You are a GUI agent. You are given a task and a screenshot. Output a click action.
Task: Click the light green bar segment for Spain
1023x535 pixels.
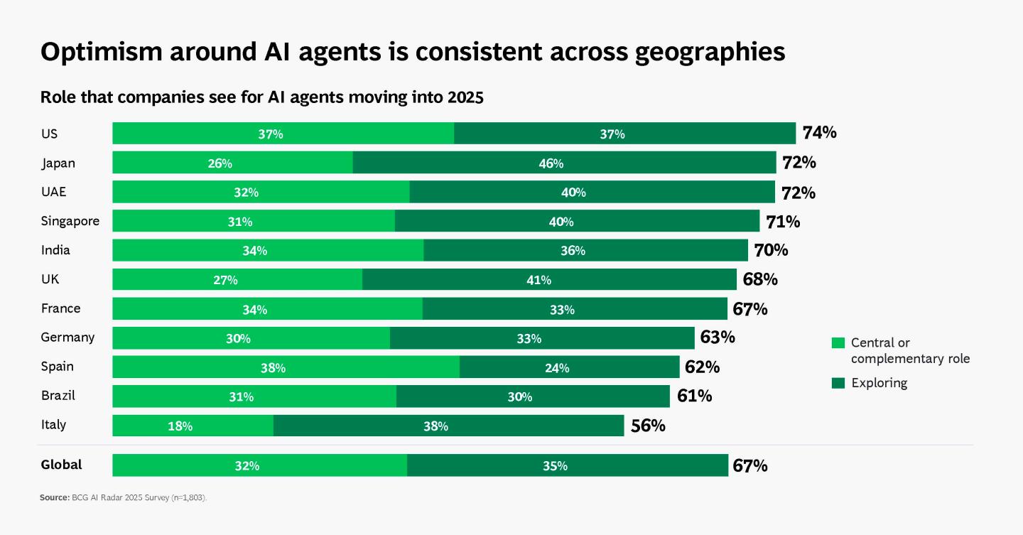point(286,367)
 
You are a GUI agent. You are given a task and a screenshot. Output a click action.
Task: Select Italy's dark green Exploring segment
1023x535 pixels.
point(448,426)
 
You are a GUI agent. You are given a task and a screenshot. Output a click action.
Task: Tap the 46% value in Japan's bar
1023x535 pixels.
point(551,163)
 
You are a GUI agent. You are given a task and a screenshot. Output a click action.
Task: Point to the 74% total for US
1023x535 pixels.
point(819,132)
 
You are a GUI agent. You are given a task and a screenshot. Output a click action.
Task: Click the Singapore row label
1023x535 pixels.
point(70,221)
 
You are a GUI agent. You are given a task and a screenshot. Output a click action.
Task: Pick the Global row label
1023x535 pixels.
point(61,465)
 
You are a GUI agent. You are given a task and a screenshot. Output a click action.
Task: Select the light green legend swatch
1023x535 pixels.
point(838,342)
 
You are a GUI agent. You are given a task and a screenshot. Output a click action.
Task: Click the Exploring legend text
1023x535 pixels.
point(879,383)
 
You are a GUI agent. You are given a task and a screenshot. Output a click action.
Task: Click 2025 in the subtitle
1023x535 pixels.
point(465,97)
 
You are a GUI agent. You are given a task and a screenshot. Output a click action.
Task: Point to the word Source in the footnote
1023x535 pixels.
point(54,497)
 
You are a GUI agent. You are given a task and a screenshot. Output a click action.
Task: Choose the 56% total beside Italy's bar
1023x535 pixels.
point(648,426)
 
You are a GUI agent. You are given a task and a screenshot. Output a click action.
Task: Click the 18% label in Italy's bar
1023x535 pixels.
point(180,426)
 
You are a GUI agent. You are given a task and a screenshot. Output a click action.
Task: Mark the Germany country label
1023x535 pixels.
point(67,337)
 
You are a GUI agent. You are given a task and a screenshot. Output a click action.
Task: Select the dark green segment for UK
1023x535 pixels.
point(549,279)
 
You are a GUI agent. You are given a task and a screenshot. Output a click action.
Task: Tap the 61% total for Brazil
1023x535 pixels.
point(694,396)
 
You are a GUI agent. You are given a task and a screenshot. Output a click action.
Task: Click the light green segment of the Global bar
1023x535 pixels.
point(260,465)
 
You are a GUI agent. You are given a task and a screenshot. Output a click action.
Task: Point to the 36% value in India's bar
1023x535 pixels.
point(573,250)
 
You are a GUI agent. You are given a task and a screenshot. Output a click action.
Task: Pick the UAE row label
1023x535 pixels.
point(53,192)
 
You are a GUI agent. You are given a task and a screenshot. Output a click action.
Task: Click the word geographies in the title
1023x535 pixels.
point(710,52)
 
